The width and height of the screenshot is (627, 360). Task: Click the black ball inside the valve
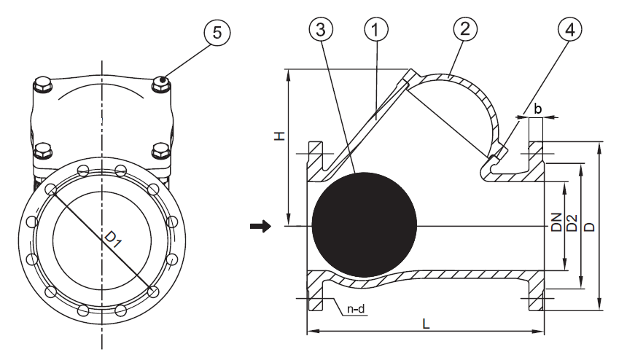click(364, 226)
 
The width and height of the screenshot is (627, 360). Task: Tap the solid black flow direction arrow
click(260, 227)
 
